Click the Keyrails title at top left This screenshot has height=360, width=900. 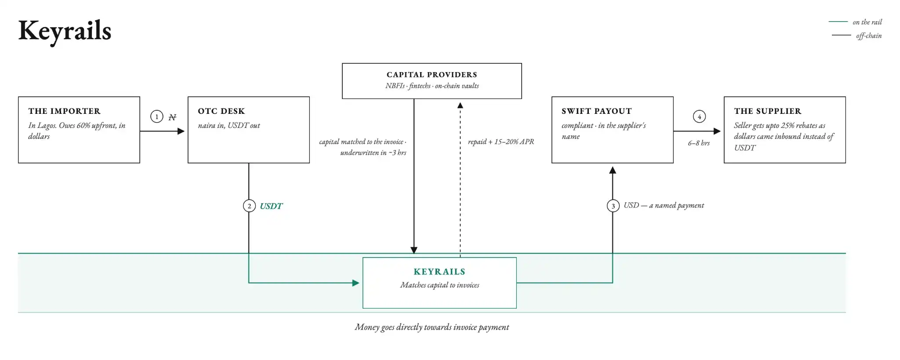(65, 31)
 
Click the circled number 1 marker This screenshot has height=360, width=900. (157, 116)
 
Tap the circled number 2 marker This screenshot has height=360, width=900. (249, 206)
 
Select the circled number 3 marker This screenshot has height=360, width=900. (613, 206)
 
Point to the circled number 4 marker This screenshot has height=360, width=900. (699, 116)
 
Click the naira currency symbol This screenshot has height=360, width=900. (172, 117)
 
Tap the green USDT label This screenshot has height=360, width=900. (271, 206)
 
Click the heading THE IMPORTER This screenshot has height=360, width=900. (65, 111)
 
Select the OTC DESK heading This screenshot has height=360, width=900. (221, 111)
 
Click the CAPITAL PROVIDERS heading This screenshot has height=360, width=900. (432, 75)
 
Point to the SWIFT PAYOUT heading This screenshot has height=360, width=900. (597, 111)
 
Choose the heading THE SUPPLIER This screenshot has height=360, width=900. (768, 111)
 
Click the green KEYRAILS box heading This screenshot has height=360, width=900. (439, 272)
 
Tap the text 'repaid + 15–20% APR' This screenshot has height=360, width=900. (501, 142)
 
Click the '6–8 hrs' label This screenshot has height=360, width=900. (699, 143)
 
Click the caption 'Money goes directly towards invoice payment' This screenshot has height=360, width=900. (432, 327)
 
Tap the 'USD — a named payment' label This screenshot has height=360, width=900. (664, 205)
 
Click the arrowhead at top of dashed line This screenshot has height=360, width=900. (460, 105)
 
